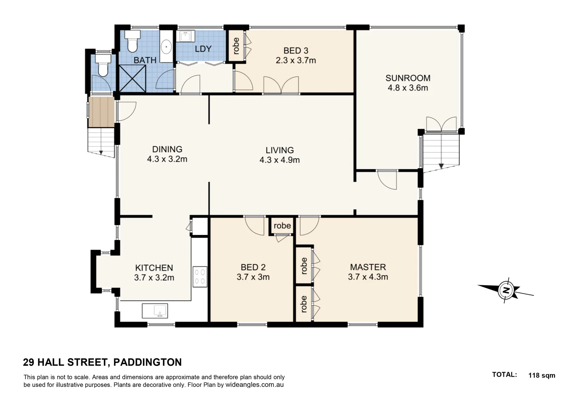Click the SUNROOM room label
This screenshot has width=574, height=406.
pos(408,78)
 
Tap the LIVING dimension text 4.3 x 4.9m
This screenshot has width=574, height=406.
pos(279,160)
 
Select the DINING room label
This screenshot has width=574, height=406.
pos(167,149)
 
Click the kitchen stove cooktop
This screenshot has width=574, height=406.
pos(200,277)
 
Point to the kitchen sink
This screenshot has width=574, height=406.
pos(155,311)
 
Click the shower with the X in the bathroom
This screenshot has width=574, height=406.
pos(132,78)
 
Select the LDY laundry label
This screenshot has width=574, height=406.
pos(203,49)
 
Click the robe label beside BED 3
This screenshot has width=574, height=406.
pos(236,46)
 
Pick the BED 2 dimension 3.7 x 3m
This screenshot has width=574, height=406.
pos(253,277)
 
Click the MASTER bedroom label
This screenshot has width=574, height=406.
pos(368,267)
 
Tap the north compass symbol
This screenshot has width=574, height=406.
pos(506,290)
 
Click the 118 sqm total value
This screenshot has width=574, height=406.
pos(541,375)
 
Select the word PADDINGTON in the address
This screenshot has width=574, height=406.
pos(147,362)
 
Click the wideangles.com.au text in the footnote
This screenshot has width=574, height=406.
pos(254,385)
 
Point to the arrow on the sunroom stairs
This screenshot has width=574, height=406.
pos(441,165)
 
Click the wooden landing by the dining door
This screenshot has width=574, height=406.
pos(101,112)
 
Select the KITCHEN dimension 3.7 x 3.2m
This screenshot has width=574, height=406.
pos(154,278)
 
